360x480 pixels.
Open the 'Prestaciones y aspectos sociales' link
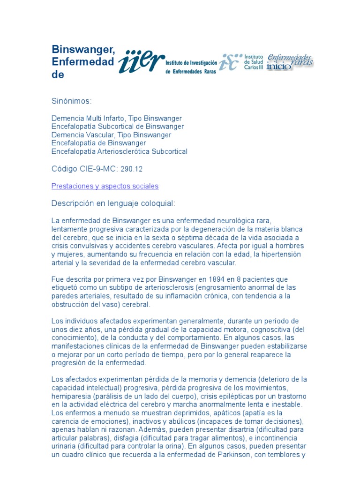[105, 186]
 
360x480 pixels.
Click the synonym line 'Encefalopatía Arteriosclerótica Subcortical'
[119, 151]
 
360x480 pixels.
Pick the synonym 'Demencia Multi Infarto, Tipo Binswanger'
[116, 118]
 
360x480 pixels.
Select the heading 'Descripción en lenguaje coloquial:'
[113, 203]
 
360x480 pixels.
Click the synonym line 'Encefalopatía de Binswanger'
[98, 143]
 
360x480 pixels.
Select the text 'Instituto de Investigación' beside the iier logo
[192, 63]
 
